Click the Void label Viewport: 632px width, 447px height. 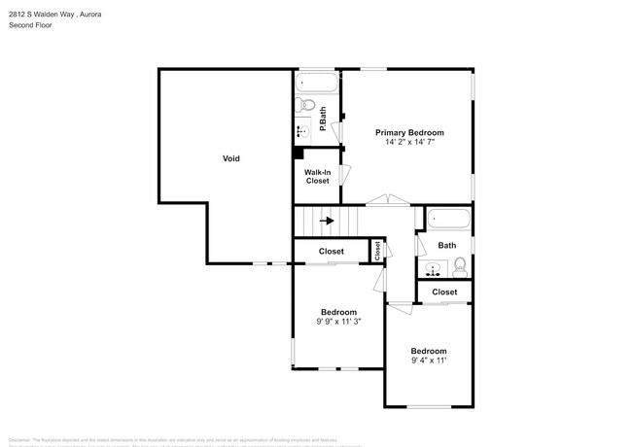pos(230,158)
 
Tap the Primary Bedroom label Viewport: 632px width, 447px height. pos(409,132)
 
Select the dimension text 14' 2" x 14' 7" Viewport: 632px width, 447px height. pos(409,142)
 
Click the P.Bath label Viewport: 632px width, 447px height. pos(323,115)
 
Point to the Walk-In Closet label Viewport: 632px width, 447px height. pos(317,177)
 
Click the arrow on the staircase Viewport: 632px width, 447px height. pos(328,221)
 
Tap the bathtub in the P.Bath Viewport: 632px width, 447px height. pos(316,84)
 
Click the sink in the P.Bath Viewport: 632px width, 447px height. pos(301,130)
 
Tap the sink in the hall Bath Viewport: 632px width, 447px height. pos(432,267)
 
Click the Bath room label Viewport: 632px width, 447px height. pos(446,246)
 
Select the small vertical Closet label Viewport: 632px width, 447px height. pos(376,250)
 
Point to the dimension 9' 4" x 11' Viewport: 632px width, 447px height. pos(428,361)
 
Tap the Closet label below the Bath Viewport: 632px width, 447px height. pos(444,292)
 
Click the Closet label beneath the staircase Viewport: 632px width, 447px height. pos(331,252)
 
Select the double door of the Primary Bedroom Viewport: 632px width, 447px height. pos(390,200)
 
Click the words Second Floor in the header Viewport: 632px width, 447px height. pos(30,24)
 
